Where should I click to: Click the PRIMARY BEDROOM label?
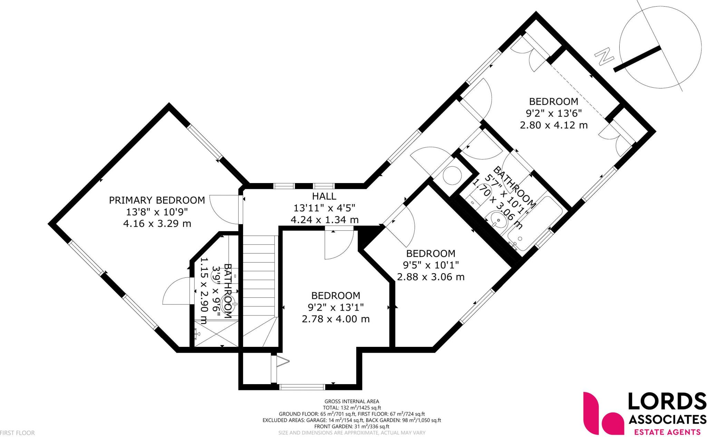coord(157,200)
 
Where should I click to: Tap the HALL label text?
coord(324,196)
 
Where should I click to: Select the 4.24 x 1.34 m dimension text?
coord(324,220)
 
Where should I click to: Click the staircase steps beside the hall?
coord(259,276)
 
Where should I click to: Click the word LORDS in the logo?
coord(666,402)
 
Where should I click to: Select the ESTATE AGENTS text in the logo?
coord(666,432)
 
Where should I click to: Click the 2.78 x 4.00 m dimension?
coord(336,319)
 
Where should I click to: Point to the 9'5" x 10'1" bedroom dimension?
coord(430,265)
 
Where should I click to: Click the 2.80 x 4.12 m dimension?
coord(553,125)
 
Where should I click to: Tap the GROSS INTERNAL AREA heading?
coord(351,401)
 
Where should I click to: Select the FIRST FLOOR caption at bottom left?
coord(17,433)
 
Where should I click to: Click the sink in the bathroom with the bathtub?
coord(496,219)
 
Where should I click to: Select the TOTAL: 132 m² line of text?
coord(351,408)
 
